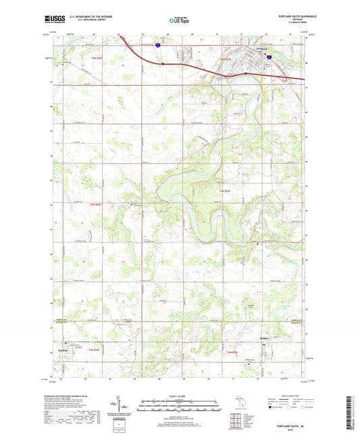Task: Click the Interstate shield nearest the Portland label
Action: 268,59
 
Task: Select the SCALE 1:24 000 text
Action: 180,395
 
